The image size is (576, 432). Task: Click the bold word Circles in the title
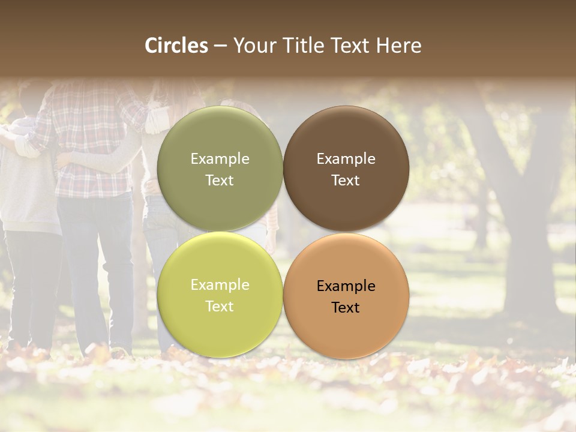click(176, 46)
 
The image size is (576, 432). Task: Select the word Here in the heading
click(399, 46)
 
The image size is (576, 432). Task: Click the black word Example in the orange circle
click(346, 286)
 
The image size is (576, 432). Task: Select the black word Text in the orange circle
click(346, 308)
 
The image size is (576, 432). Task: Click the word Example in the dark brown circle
click(346, 159)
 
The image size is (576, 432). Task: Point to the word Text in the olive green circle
click(220, 181)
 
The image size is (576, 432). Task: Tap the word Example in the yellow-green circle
click(220, 285)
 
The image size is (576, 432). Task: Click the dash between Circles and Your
click(220, 46)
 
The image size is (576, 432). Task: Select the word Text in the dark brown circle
click(346, 181)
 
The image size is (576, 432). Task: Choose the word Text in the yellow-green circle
click(220, 307)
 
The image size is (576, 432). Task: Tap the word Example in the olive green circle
click(220, 159)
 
